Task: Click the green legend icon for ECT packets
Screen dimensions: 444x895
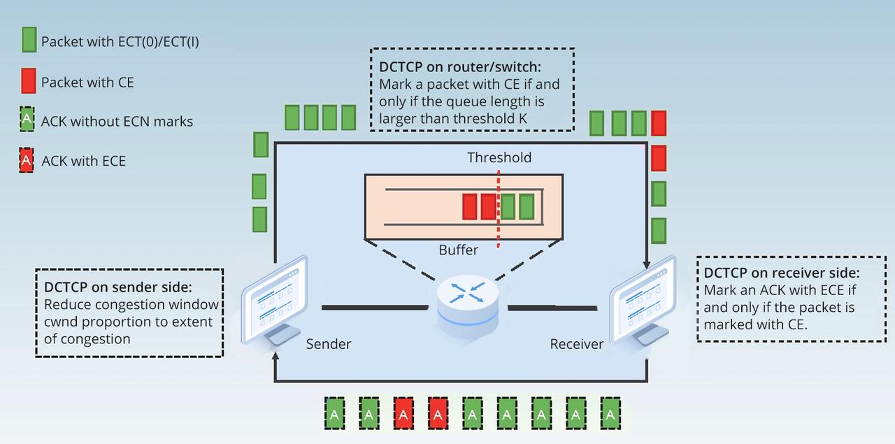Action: point(29,41)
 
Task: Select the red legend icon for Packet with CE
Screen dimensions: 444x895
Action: point(29,82)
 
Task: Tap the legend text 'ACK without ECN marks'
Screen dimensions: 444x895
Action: point(117,121)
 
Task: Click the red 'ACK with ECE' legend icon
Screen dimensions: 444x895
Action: point(27,161)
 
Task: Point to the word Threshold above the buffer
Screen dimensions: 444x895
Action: point(499,157)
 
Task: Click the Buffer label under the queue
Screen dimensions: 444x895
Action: point(459,250)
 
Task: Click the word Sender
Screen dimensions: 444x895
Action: point(329,344)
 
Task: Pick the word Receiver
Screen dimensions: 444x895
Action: point(576,344)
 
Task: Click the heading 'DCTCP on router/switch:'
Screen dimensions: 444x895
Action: point(460,67)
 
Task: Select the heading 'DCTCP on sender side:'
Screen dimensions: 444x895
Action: point(117,287)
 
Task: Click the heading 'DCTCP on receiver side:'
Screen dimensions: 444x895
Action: point(782,273)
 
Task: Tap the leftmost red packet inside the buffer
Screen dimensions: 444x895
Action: point(470,207)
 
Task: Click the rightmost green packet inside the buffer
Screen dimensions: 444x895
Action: point(527,207)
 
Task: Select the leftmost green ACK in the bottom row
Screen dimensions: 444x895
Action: point(335,413)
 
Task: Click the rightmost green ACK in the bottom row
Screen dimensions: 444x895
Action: point(610,413)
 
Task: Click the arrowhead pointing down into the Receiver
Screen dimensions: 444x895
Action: point(646,265)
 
